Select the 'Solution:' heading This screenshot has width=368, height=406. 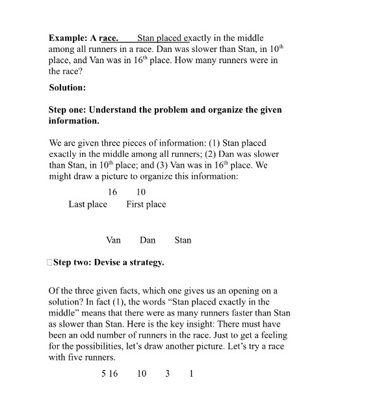click(67, 87)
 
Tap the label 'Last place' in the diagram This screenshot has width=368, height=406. click(88, 204)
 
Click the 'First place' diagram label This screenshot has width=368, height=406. click(146, 204)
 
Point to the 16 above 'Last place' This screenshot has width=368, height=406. click(112, 192)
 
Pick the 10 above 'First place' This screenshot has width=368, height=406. click(141, 192)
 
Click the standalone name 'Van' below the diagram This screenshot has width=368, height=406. click(113, 240)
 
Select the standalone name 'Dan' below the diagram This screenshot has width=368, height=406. click(148, 240)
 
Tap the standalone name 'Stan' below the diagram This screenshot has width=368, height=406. click(183, 240)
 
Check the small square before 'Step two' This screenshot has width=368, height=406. click(50, 263)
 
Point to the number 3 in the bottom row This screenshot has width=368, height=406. click(167, 374)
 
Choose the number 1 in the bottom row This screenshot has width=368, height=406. click(191, 374)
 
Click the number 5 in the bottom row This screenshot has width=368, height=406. click(103, 374)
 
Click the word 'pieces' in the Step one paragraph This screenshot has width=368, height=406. click(150, 142)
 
